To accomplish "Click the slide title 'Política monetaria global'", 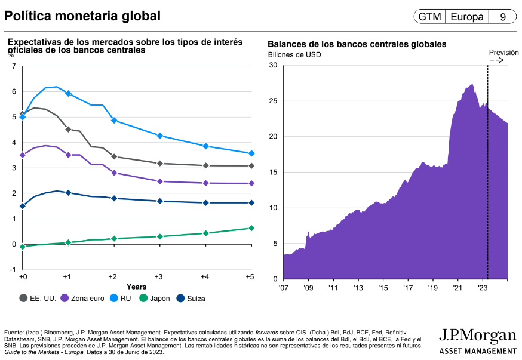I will click(x=82, y=16).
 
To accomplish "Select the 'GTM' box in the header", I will click(x=429, y=17).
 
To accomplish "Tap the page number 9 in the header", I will click(x=503, y=17).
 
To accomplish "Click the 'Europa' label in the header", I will click(x=467, y=17).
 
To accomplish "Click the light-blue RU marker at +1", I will click(x=68, y=93).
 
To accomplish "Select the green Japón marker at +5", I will click(x=251, y=228).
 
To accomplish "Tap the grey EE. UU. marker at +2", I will click(x=114, y=157).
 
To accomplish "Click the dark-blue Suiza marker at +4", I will click(x=205, y=203).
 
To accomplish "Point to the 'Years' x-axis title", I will click(x=136, y=287).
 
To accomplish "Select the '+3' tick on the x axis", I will click(x=159, y=278).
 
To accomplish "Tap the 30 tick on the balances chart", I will click(x=273, y=65).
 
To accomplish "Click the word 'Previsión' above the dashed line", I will click(x=503, y=53).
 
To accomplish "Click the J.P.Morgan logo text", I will click(x=477, y=335).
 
